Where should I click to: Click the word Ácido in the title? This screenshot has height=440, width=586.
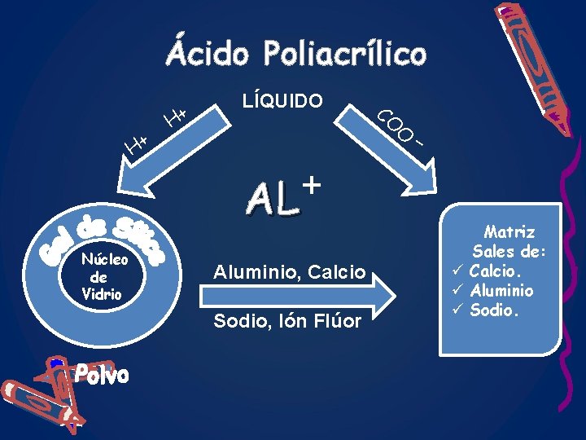(x=209, y=55)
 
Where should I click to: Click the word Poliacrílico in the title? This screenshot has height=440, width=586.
(x=343, y=55)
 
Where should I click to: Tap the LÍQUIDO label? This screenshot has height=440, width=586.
(x=282, y=101)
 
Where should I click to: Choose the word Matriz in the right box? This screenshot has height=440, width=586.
(x=510, y=232)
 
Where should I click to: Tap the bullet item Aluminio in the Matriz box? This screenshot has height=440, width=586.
(x=503, y=291)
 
